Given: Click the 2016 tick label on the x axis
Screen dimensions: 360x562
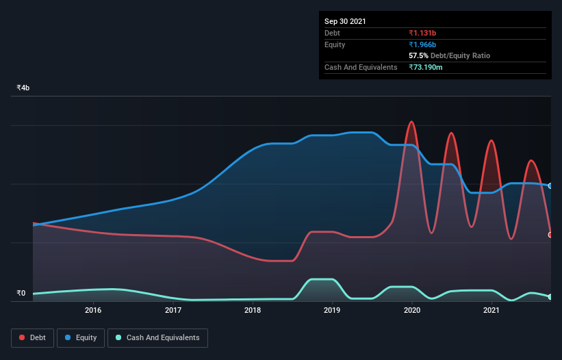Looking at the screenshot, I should pos(93,310).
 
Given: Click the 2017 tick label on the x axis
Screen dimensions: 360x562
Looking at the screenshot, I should pos(173,310).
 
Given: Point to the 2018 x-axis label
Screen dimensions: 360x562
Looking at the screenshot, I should pos(253,310).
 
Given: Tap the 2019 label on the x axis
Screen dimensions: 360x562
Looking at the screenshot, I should pos(332,310).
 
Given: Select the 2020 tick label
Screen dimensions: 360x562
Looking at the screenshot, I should pos(412,310).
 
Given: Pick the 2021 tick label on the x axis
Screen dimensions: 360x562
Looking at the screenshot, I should pos(491,310).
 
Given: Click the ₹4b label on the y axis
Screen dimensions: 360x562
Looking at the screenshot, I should pos(23,88).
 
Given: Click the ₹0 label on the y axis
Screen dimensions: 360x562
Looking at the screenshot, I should pos(21,294).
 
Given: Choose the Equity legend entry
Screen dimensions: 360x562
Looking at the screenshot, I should pos(81,337).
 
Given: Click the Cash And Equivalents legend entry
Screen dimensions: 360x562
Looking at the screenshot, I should pos(157,337).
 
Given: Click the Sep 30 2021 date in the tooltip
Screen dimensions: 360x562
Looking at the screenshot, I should pos(345,21).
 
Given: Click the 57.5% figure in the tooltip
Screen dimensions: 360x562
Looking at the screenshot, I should pos(418,55).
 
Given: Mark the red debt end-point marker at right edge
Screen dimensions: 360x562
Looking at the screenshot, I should pos(550,235).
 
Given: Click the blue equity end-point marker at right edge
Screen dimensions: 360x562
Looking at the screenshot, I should pos(550,185).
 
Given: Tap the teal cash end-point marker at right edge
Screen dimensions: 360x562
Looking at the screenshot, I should pos(550,296).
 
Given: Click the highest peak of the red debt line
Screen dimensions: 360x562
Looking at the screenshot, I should pos(411,122).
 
